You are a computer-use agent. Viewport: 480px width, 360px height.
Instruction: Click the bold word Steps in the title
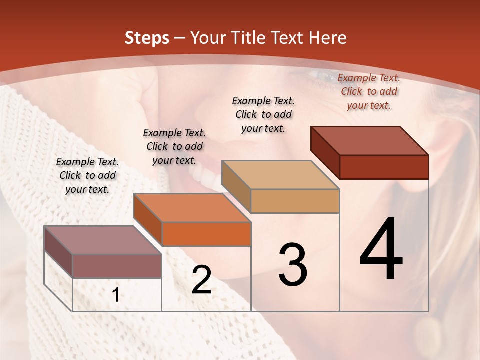point(147,38)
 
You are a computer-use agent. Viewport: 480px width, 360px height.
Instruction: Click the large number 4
point(381,250)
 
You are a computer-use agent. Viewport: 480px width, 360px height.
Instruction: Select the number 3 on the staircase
point(292,265)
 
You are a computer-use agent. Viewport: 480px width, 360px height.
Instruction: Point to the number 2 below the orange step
point(201,280)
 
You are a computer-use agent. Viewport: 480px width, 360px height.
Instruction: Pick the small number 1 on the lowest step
point(115,295)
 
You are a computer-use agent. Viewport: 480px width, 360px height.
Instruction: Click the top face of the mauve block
point(103,240)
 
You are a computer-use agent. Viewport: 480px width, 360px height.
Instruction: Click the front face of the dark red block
point(384,167)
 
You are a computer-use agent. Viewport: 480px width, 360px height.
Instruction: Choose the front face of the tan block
point(295,201)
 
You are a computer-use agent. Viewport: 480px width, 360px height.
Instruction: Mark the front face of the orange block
point(206,234)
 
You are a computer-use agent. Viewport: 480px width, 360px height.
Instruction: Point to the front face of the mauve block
point(117,266)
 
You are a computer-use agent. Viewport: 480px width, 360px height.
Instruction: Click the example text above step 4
point(369,91)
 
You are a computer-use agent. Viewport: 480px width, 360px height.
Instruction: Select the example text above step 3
point(263,114)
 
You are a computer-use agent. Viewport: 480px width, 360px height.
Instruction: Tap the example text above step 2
point(174,146)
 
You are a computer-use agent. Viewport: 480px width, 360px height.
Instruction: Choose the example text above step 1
point(87,175)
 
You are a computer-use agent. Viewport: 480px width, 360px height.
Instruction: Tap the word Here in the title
point(328,38)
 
